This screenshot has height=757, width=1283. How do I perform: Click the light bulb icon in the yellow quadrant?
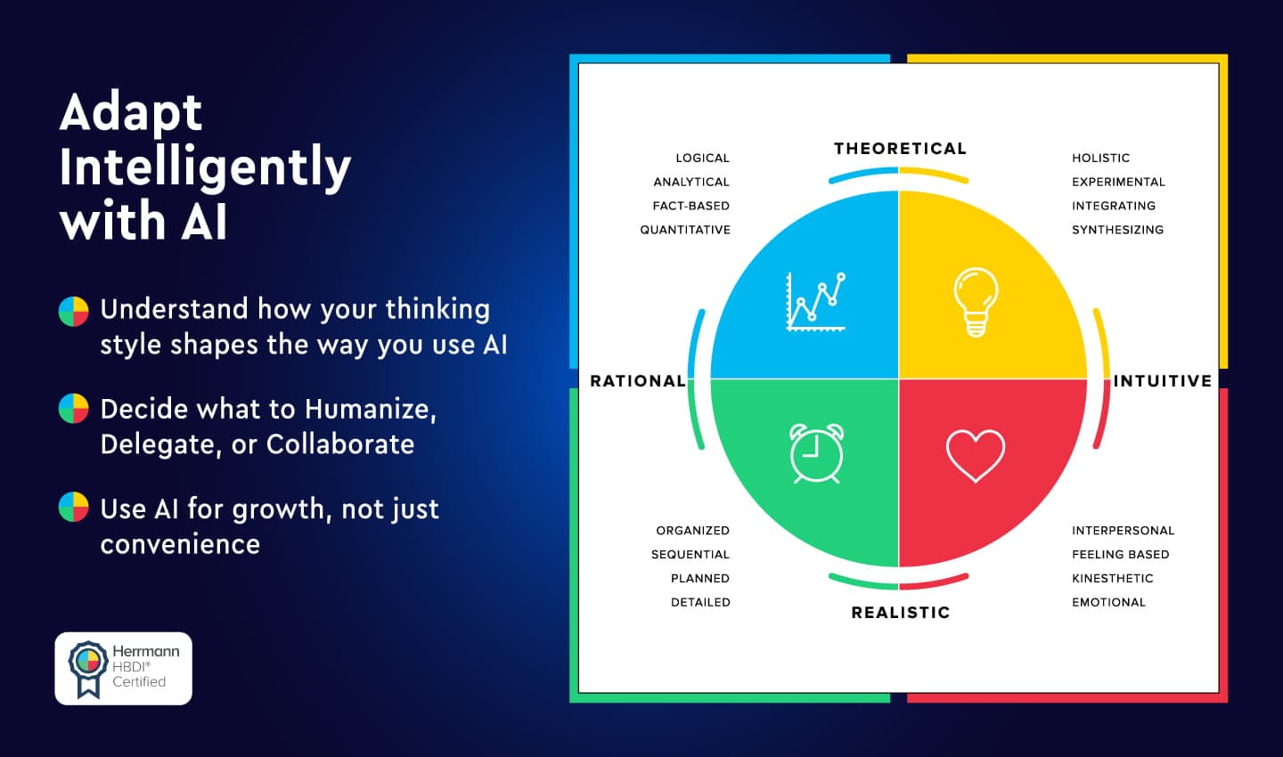[x=976, y=302]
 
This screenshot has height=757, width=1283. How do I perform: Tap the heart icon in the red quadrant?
[x=976, y=455]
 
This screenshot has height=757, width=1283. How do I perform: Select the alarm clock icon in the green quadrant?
[x=817, y=453]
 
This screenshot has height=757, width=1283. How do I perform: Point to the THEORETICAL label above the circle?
[x=900, y=149]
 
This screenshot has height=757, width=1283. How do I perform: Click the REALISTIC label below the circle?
[x=900, y=613]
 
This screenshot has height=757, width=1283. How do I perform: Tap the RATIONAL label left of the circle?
[x=638, y=381]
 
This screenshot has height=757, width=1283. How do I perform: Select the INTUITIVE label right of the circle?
[x=1162, y=381]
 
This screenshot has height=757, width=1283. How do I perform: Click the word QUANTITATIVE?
[x=684, y=230]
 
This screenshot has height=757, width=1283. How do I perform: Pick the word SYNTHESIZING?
[x=1117, y=230]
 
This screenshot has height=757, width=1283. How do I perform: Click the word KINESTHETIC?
[x=1112, y=579]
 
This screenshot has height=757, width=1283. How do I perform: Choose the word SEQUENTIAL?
[x=690, y=555]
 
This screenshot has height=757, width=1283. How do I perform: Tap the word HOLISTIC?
[x=1100, y=158]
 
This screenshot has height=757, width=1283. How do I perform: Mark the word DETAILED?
[x=700, y=603]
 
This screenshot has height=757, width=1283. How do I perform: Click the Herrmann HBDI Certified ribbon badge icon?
[x=87, y=668]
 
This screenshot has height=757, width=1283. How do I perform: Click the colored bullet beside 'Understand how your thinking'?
[x=74, y=311]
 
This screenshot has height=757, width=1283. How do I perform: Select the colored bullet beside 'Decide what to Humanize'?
[x=74, y=410]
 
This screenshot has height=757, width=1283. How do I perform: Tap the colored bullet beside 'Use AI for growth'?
[x=74, y=508]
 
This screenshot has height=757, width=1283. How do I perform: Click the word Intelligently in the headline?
[x=205, y=167]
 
